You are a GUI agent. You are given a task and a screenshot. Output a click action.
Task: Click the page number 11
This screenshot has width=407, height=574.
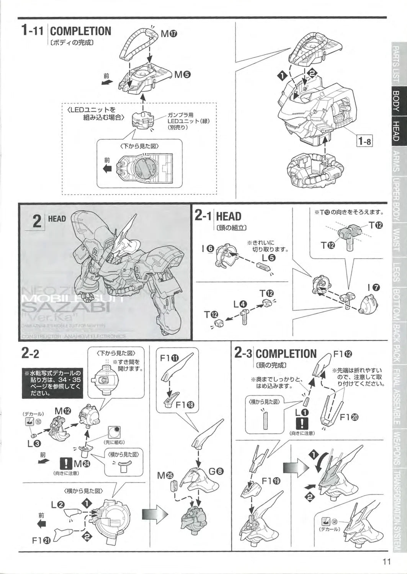[x=386, y=561]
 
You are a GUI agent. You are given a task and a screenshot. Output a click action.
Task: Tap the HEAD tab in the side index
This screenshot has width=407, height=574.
[x=396, y=130]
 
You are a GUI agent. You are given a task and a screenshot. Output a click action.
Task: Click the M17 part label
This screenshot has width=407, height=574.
[x=168, y=34]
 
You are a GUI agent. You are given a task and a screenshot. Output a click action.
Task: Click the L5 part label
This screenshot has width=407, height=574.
[x=269, y=257]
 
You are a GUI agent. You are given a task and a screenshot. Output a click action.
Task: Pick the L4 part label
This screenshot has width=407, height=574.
[x=240, y=304]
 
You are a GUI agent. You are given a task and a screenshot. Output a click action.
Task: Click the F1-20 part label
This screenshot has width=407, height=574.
[x=350, y=417]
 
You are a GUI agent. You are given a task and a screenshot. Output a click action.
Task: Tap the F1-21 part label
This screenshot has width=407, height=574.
[x=41, y=540]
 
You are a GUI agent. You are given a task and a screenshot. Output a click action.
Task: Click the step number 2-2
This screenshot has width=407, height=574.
[x=31, y=354]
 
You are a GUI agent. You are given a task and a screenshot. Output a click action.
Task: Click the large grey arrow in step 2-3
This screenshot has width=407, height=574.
[x=293, y=467]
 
